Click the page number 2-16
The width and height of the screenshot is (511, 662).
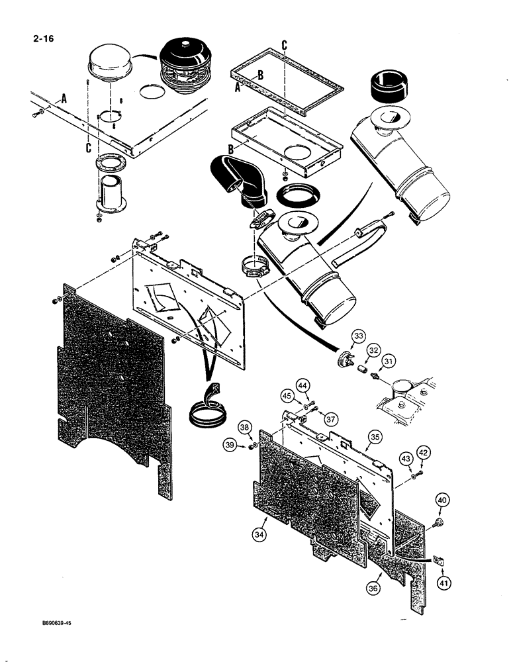pyautogui.click(x=43, y=38)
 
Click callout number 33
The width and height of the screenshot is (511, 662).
pyautogui.click(x=357, y=336)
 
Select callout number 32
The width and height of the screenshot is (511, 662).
pyautogui.click(x=374, y=350)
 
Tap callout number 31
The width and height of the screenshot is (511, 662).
pyautogui.click(x=389, y=361)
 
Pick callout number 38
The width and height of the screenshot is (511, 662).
pyautogui.click(x=245, y=428)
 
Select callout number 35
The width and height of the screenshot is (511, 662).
pyautogui.click(x=375, y=437)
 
